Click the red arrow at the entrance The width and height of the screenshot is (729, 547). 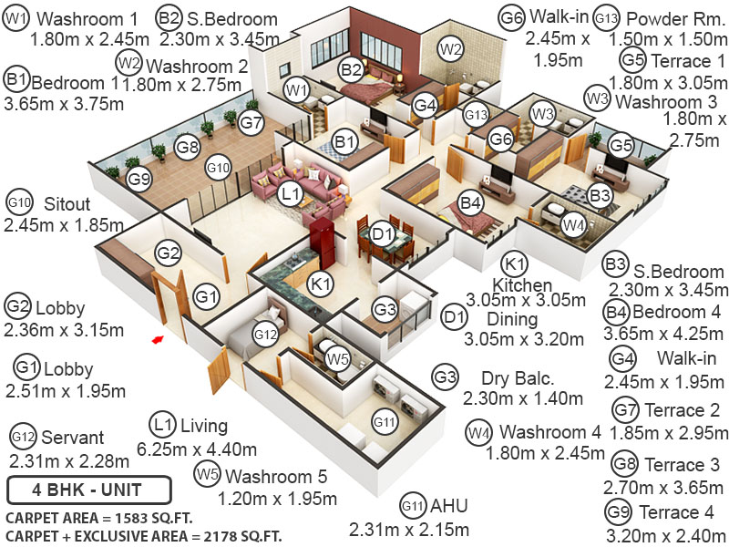coord(158,340)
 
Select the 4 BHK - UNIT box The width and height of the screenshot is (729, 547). coord(87,490)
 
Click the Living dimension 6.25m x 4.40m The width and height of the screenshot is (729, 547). coord(196,449)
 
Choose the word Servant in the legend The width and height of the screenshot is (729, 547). coord(73,438)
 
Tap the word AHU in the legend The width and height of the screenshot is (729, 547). coord(448,506)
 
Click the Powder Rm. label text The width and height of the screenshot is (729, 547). coord(673,18)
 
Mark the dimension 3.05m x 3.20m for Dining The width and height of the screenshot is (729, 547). coord(524,339)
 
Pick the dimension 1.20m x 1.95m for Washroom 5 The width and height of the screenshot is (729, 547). coord(277,499)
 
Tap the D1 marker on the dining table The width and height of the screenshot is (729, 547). coord(383,235)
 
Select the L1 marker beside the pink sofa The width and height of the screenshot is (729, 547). coord(290,194)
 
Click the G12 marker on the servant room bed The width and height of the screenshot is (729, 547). coord(265,335)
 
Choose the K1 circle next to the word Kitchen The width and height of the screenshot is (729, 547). coord(516,265)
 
